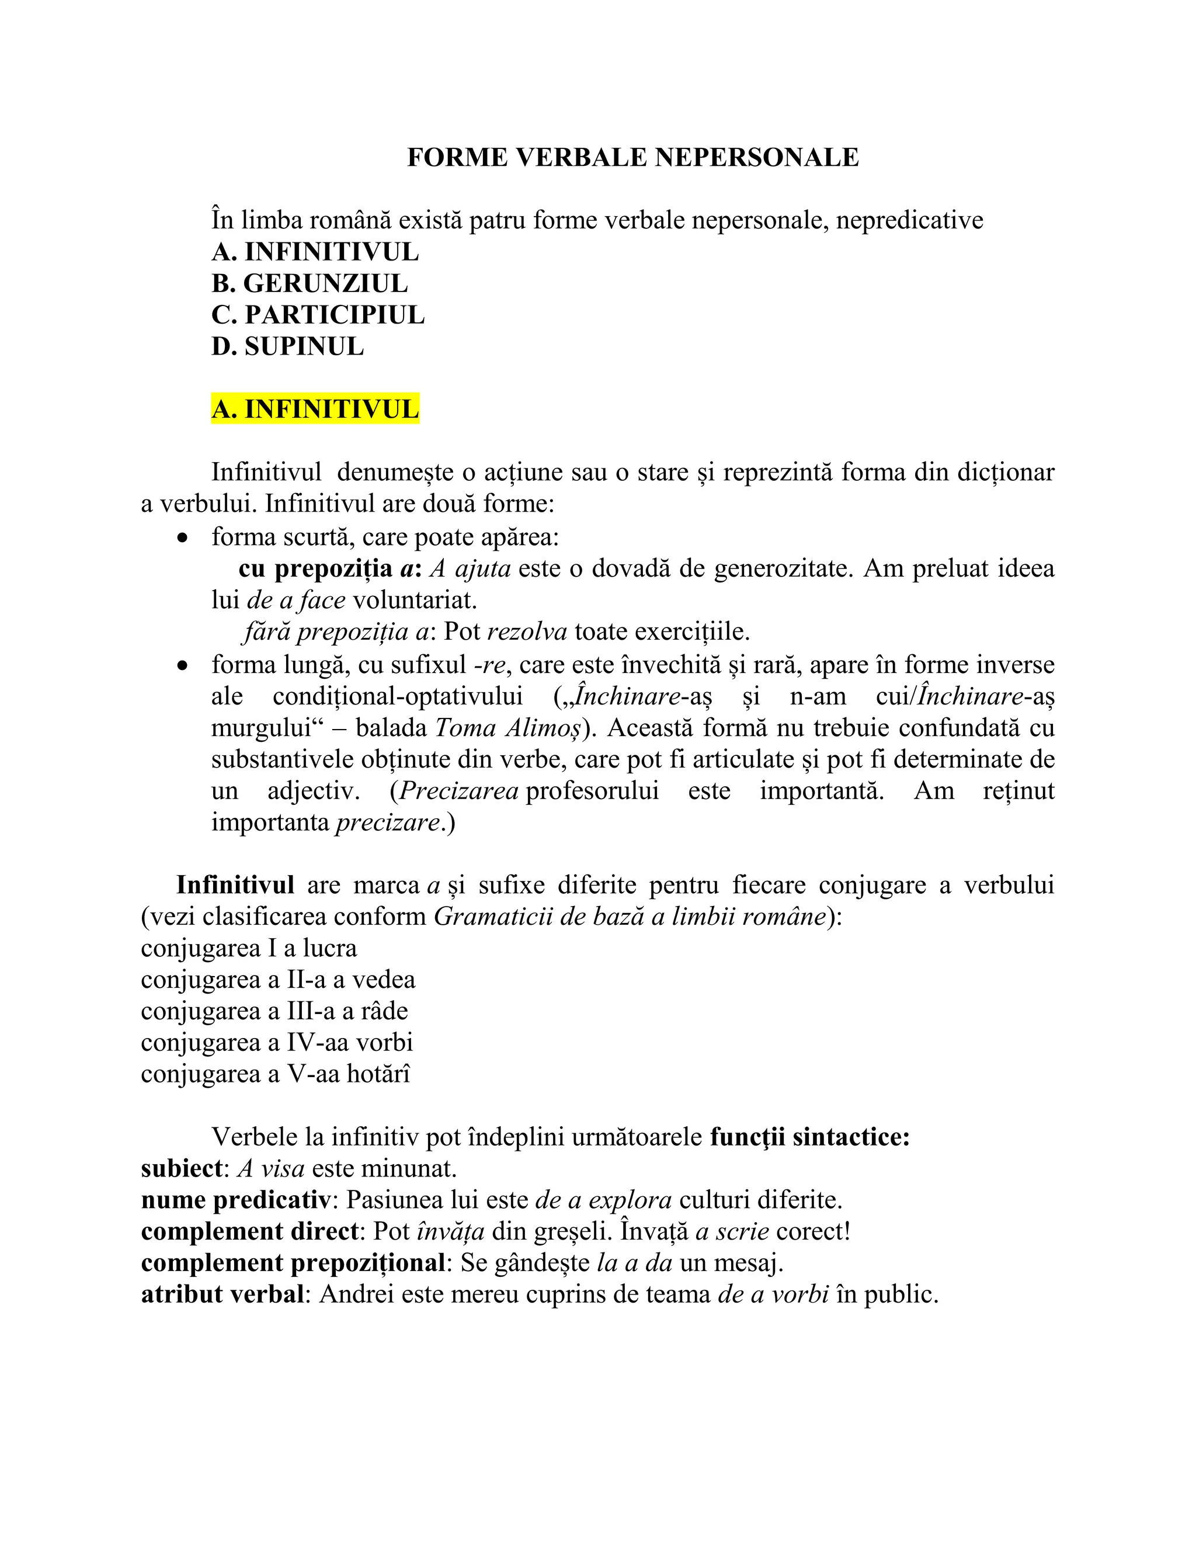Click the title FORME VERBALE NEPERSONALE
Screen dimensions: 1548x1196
632,157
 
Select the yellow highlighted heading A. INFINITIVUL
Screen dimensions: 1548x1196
315,409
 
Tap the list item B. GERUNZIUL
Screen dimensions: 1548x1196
310,283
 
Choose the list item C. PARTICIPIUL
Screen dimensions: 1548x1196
318,315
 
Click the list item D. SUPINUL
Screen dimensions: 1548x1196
288,346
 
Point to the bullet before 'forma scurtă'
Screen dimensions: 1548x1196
183,539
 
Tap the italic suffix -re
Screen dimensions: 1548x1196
489,665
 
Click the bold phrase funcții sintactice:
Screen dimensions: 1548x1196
810,1137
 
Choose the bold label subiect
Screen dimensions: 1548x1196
182,1169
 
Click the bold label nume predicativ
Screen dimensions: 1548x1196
235,1200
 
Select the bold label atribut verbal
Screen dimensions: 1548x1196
222,1295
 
